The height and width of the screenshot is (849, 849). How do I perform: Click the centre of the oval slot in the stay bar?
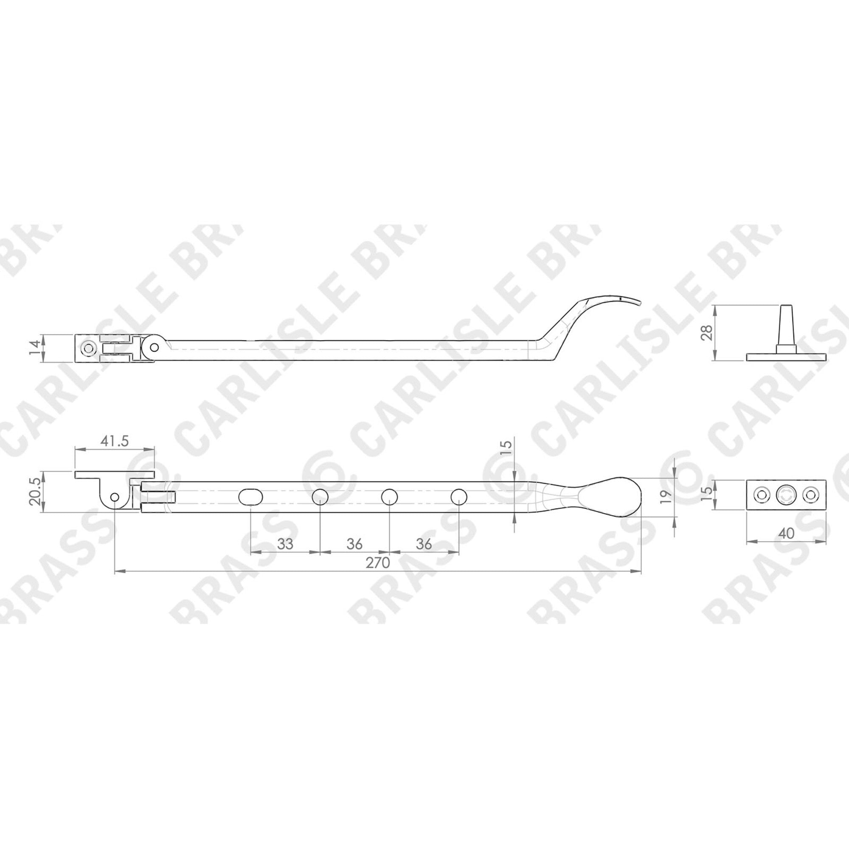pyautogui.click(x=250, y=497)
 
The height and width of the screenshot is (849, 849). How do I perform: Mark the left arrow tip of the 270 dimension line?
pyautogui.click(x=115, y=572)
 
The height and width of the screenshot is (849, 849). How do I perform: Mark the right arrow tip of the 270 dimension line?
pyautogui.click(x=641, y=572)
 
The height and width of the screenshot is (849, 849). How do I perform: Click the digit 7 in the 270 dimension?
pyautogui.click(x=377, y=563)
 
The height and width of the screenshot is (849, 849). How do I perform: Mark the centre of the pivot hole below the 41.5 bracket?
pyautogui.click(x=115, y=497)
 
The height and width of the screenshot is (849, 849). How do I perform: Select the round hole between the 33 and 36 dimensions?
pyautogui.click(x=320, y=497)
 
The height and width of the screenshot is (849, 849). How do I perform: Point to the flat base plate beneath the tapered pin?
pyautogui.click(x=785, y=356)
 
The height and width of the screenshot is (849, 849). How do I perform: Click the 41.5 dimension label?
pyautogui.click(x=114, y=441)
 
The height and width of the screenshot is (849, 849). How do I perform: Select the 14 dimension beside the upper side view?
pyautogui.click(x=37, y=349)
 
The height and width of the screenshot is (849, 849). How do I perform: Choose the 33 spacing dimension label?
pyautogui.click(x=285, y=544)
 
